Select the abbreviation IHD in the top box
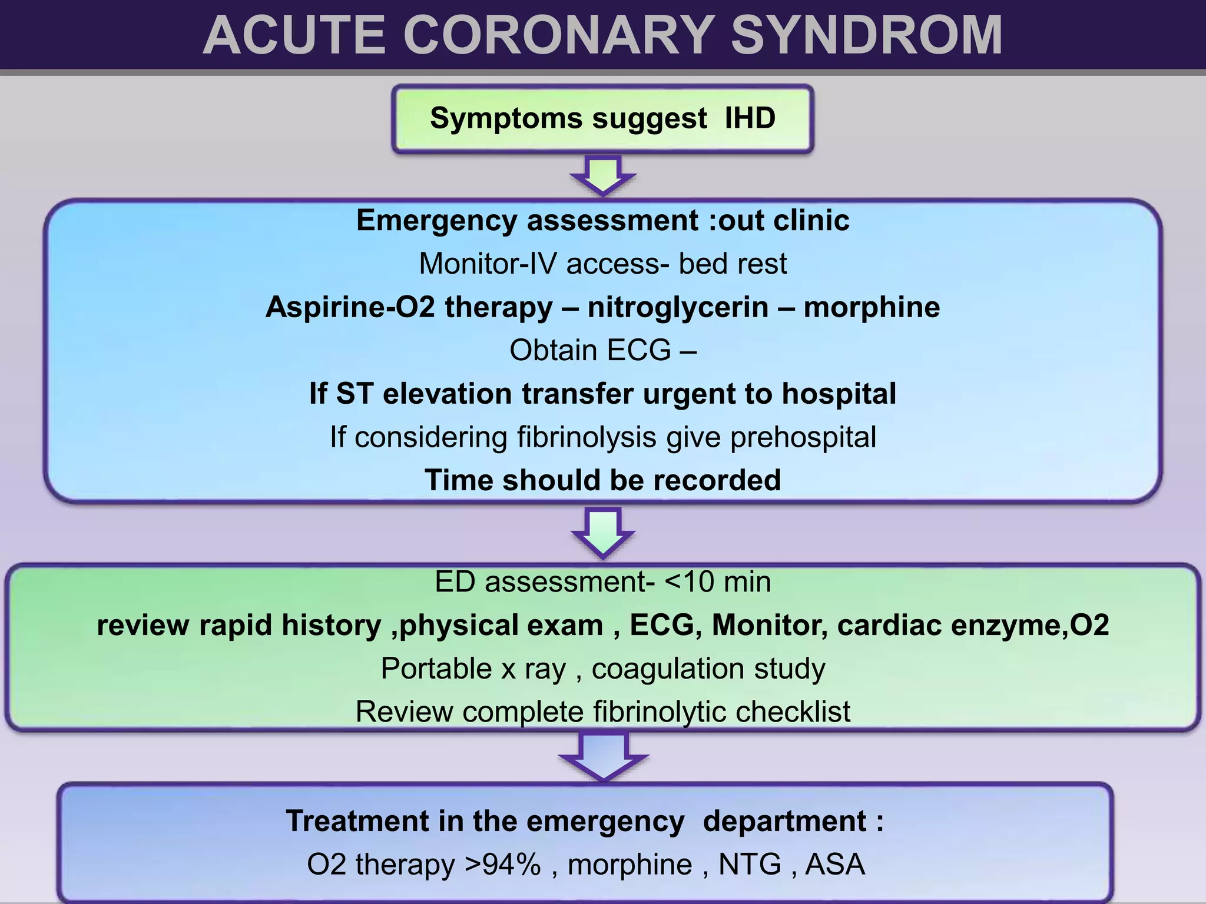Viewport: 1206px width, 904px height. (750, 118)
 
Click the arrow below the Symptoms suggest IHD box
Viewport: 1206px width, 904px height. (603, 175)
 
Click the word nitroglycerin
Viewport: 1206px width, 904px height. (678, 307)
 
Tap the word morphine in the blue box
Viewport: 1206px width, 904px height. (872, 307)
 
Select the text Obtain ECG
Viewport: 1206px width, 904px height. (590, 351)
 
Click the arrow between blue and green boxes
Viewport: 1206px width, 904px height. (603, 533)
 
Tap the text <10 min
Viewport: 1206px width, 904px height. (718, 582)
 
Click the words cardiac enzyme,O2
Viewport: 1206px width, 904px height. (973, 625)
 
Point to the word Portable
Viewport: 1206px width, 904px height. (436, 669)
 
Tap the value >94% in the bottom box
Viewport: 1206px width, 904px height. (502, 865)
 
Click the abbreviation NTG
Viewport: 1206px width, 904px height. (750, 865)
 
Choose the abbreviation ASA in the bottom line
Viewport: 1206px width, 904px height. (834, 865)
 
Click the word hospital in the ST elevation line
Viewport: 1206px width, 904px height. (839, 394)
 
